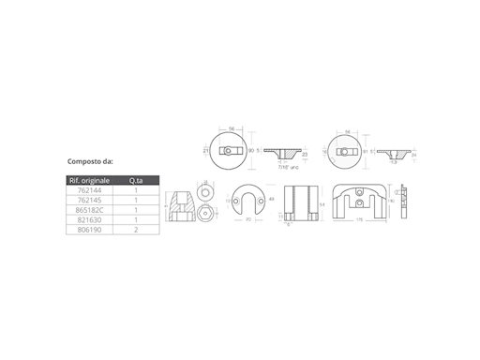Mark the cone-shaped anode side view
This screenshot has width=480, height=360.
[183, 204]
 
